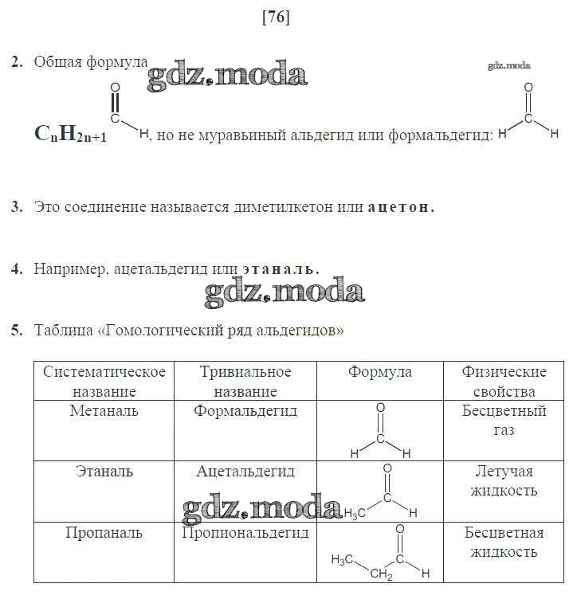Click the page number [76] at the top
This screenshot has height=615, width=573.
coord(275,17)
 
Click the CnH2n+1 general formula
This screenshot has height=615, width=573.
coord(71,135)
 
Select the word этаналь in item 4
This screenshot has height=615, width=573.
coord(281,269)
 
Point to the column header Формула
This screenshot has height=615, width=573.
coord(380,372)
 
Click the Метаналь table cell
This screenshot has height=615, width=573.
coord(104,411)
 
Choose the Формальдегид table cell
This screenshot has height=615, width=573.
coord(245,411)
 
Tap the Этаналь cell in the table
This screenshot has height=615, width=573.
coord(104,472)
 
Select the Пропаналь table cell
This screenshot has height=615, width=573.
coord(104,533)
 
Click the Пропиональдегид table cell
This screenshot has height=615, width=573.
coord(245,533)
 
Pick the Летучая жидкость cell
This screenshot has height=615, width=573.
coord(504,481)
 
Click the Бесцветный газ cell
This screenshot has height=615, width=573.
coord(504,421)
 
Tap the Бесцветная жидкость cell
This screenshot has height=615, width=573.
coord(504,543)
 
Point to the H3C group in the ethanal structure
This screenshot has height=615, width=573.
coord(354,513)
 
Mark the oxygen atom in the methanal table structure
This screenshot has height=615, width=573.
coord(380,407)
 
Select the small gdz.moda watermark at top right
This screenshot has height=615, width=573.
coord(508,66)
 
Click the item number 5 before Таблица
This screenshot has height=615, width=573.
coord(16,330)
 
